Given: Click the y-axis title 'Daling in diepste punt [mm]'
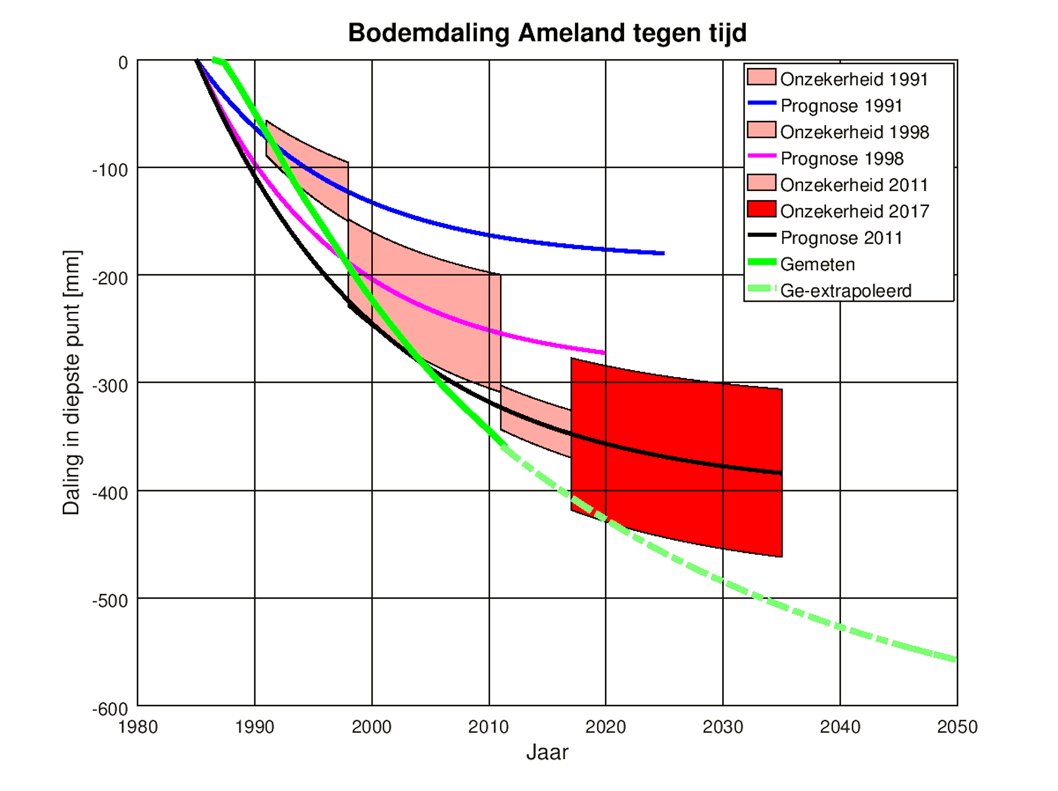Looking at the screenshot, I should tap(72, 382).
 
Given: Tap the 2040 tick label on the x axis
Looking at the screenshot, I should tap(840, 727).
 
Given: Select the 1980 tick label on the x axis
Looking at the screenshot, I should tap(138, 727).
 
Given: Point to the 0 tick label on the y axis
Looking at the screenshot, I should tap(123, 63).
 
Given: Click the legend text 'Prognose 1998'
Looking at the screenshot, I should tap(842, 159).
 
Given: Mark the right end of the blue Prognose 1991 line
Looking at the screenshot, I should tap(663, 253).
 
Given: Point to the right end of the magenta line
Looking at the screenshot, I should tap(605, 353).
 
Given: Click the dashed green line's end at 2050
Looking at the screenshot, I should tap(956, 660).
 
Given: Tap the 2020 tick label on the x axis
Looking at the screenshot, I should tap(605, 727).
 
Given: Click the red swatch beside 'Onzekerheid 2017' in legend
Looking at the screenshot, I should tap(761, 209).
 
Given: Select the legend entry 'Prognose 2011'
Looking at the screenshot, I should tap(841, 238).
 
